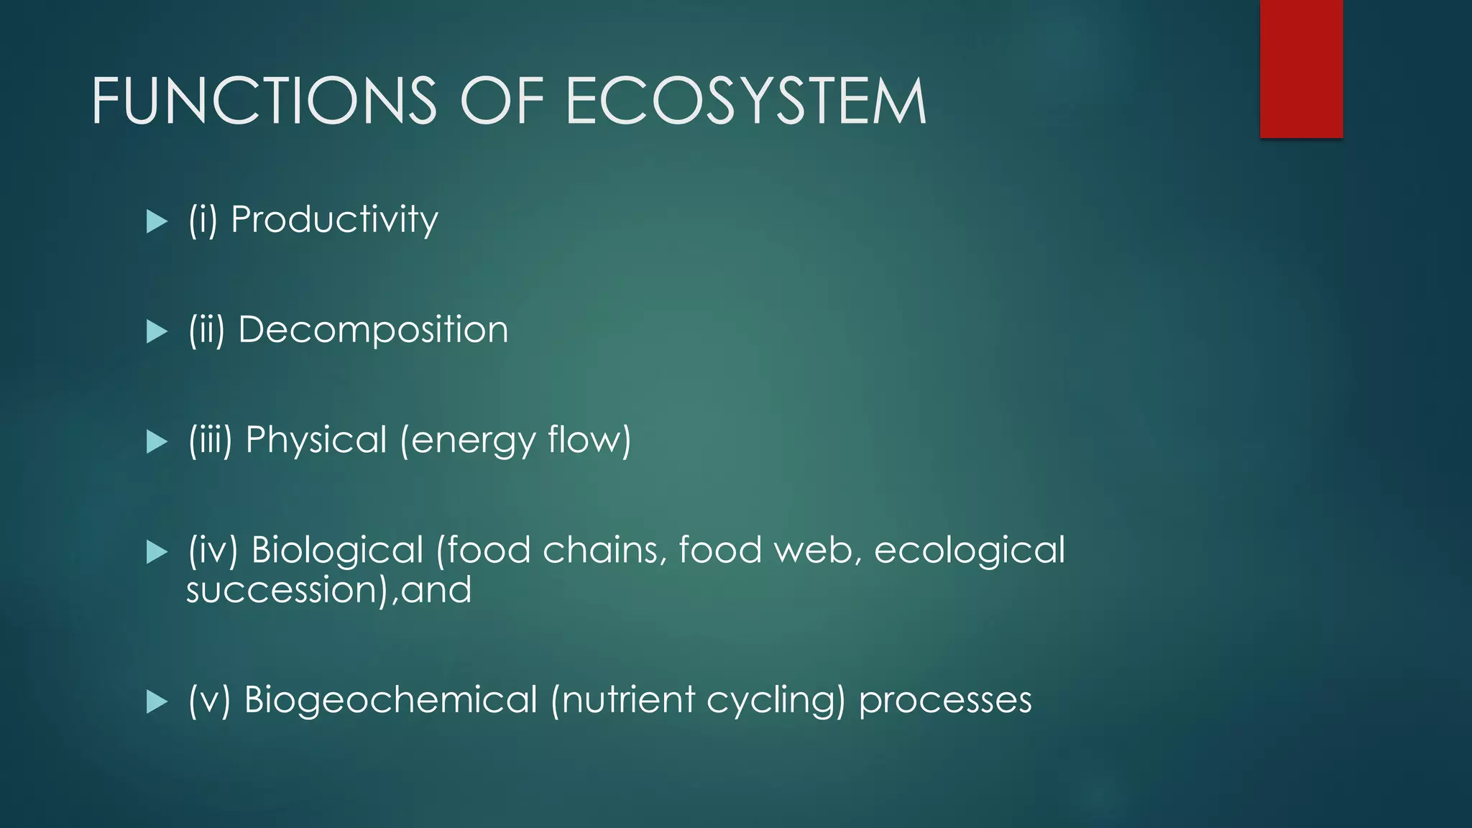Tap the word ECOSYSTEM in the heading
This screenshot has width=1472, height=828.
745,101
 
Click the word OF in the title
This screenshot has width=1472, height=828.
501,101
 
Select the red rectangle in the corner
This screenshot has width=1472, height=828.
1301,68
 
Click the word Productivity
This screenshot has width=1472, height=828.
334,219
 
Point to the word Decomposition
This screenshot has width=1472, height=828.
373,330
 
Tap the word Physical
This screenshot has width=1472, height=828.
316,440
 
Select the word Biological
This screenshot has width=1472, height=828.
337,551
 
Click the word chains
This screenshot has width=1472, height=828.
601,551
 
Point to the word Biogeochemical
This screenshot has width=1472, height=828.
390,700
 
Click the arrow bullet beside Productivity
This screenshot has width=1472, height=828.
156,221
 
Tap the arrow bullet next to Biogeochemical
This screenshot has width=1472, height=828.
156,701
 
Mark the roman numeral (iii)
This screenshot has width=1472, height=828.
210,440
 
